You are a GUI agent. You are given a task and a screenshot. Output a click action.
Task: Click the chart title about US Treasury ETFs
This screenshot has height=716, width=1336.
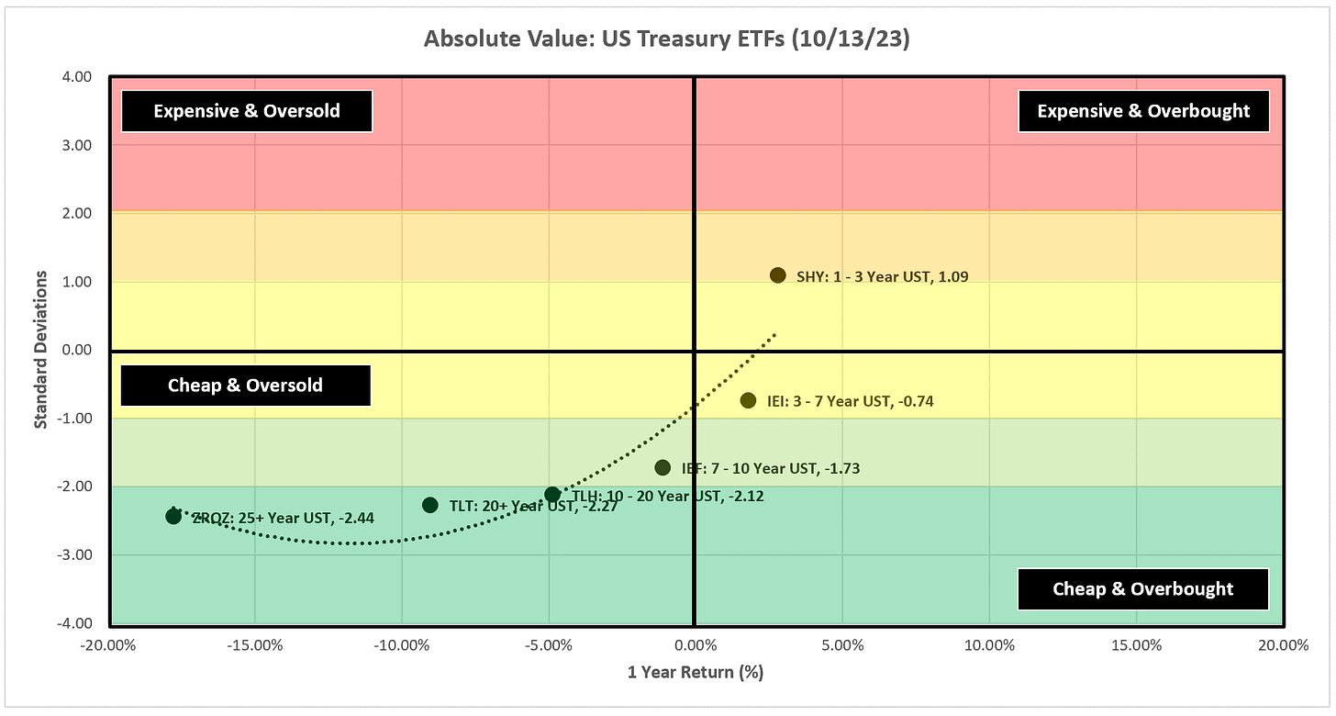pyautogui.click(x=667, y=40)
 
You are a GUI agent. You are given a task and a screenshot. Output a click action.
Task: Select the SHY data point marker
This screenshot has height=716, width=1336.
pyautogui.click(x=777, y=275)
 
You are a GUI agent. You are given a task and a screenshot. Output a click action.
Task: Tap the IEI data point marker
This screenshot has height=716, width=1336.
pyautogui.click(x=748, y=400)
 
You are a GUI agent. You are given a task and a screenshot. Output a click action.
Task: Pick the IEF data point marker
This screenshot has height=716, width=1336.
pyautogui.click(x=662, y=468)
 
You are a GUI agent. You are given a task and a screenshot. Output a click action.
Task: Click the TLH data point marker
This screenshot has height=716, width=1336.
pyautogui.click(x=552, y=495)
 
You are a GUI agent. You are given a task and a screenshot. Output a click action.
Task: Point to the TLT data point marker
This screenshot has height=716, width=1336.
pyautogui.click(x=430, y=505)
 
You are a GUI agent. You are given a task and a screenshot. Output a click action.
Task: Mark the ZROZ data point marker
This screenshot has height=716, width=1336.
pyautogui.click(x=173, y=516)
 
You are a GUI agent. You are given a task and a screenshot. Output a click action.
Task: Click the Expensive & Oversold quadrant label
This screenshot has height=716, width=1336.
pyautogui.click(x=247, y=111)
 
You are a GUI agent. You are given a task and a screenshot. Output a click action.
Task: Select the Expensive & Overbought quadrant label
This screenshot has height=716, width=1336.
pyautogui.click(x=1143, y=111)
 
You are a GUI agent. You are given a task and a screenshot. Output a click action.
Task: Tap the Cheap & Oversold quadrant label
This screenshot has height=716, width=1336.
pyautogui.click(x=245, y=386)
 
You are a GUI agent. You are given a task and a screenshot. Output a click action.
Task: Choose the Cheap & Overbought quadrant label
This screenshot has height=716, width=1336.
pyautogui.click(x=1143, y=589)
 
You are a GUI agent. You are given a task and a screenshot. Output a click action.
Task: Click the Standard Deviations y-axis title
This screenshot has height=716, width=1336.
pyautogui.click(x=40, y=349)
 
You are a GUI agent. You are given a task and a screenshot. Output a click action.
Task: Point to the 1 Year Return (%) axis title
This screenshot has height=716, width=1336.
pyautogui.click(x=695, y=672)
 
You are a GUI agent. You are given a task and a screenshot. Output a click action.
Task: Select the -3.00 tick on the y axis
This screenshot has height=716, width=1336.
pyautogui.click(x=76, y=554)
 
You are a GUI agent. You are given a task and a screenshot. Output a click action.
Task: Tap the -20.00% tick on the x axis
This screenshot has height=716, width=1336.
pyautogui.click(x=108, y=645)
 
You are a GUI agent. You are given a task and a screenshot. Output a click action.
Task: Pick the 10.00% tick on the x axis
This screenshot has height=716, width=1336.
pyautogui.click(x=989, y=645)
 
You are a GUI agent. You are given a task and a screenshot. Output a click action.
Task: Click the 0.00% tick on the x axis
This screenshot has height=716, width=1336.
pyautogui.click(x=695, y=645)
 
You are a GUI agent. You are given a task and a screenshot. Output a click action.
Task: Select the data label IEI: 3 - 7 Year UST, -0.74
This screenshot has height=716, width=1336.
pyautogui.click(x=851, y=401)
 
